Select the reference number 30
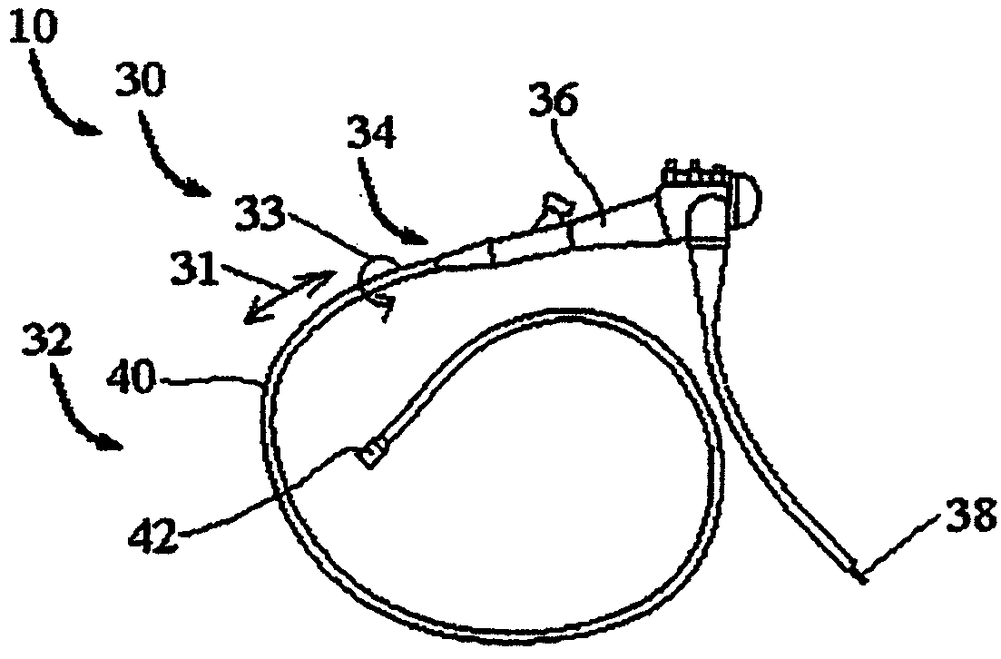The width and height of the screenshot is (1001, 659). point(141,84)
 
